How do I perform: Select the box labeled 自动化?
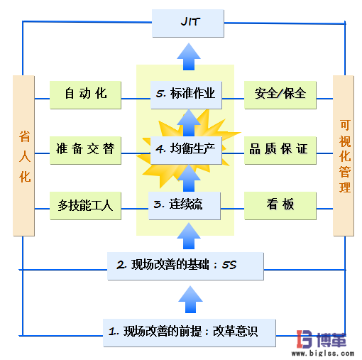point(85,93)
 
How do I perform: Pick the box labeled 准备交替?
point(85,148)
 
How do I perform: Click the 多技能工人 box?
point(85,206)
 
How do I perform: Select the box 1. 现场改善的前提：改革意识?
point(189,330)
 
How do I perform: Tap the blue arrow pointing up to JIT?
point(188,55)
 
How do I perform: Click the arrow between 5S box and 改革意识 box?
point(188,298)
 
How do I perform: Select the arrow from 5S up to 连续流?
point(188,236)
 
